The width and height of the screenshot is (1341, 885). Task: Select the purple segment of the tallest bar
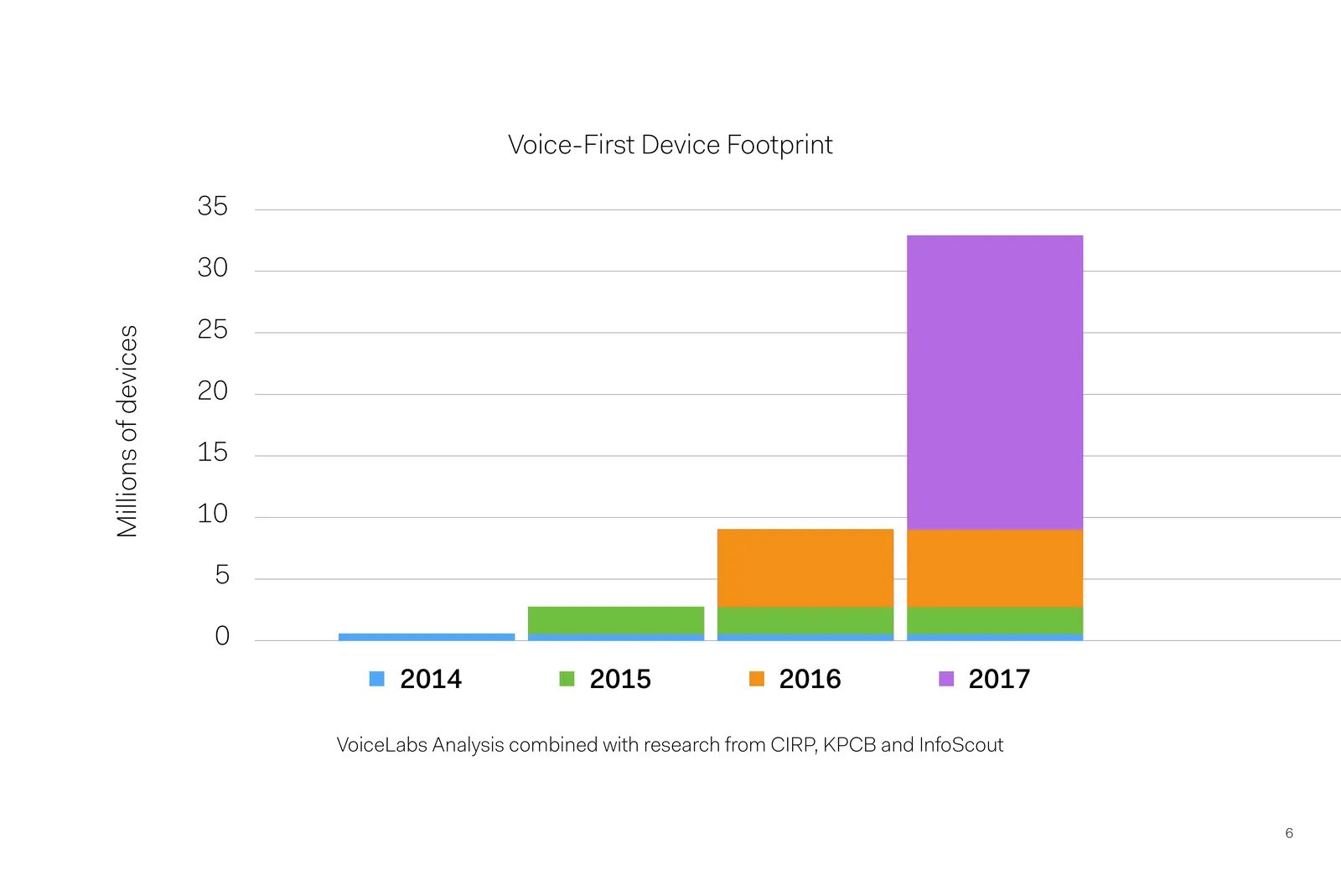point(994,382)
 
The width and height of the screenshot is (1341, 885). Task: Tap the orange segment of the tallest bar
point(994,568)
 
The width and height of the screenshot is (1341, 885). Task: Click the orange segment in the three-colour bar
point(805,568)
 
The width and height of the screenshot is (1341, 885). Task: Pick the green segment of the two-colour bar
point(616,620)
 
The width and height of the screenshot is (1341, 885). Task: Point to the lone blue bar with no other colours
point(427,637)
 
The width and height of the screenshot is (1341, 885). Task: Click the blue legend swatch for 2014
point(376,679)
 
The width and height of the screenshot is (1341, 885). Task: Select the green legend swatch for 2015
point(567,679)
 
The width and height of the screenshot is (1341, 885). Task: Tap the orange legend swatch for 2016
point(757,679)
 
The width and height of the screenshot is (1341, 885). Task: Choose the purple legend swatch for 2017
point(946,679)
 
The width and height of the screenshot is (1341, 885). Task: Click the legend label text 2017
point(999,679)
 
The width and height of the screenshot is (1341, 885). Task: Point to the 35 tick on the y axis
point(213,206)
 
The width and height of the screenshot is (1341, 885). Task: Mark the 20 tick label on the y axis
point(213,391)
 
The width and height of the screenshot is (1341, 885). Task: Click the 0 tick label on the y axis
point(222,636)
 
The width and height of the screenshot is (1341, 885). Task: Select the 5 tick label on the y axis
point(222,575)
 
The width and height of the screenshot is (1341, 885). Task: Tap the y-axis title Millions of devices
point(127,431)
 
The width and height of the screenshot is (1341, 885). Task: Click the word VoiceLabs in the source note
point(382,745)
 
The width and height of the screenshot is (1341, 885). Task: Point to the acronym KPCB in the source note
point(850,745)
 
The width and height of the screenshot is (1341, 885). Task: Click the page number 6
point(1289,833)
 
